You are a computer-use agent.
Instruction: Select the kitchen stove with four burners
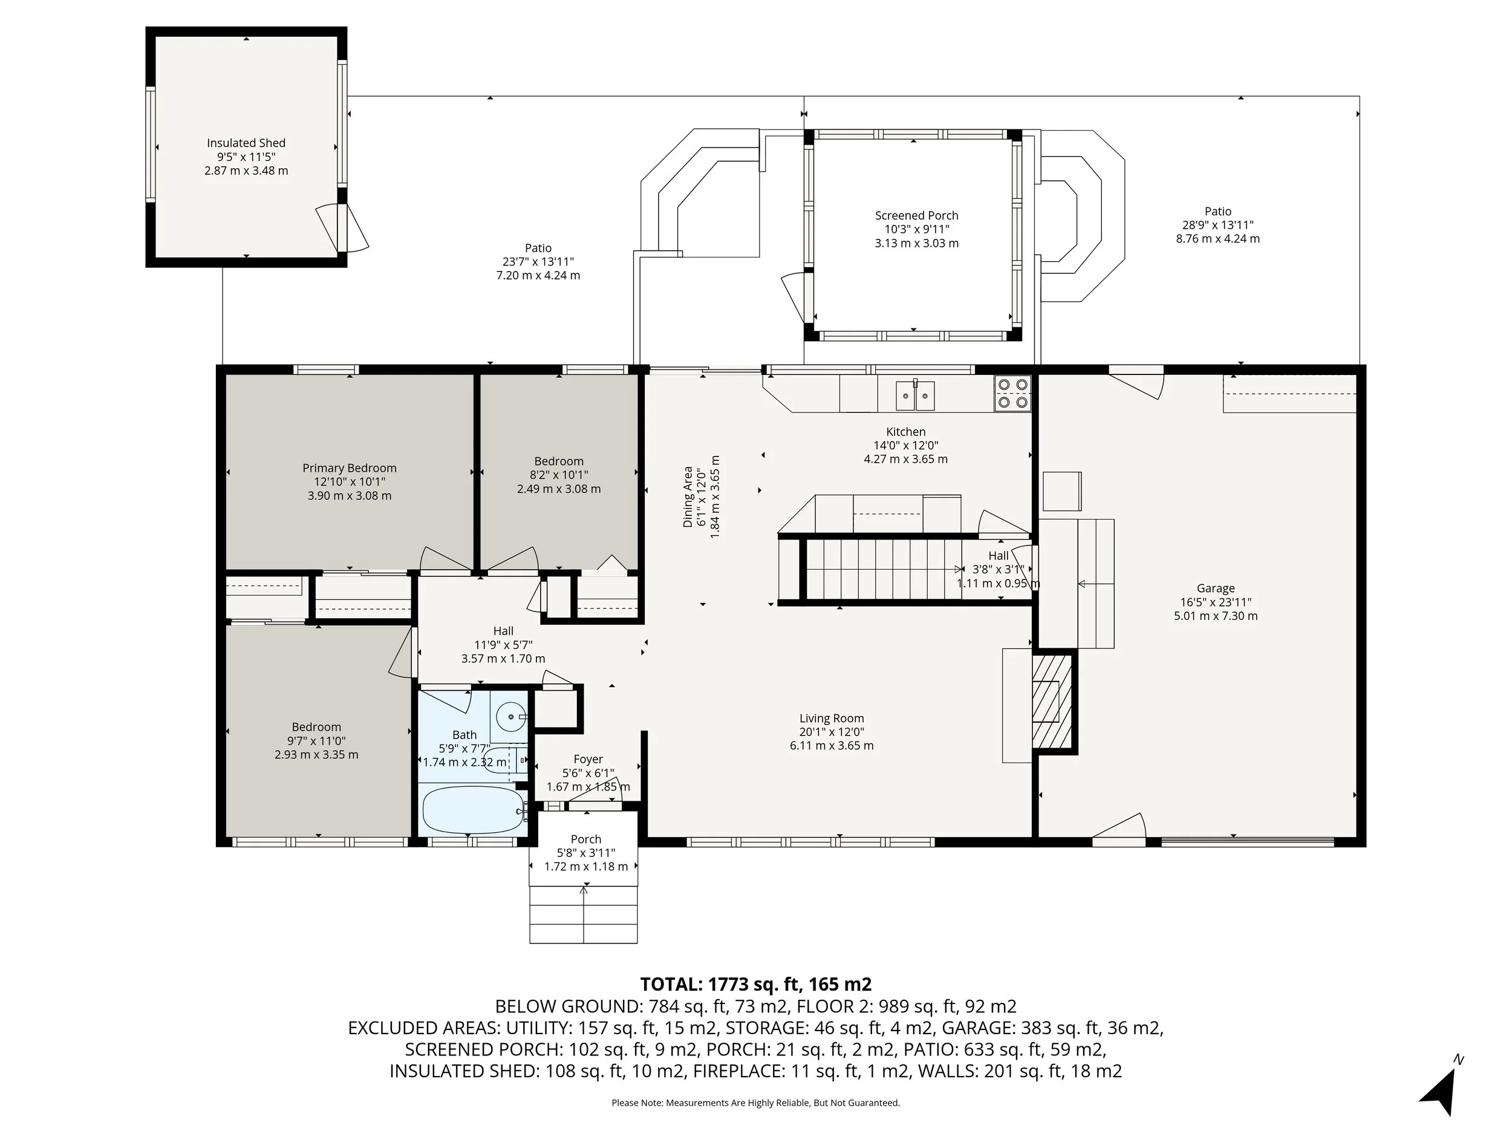(x=1012, y=394)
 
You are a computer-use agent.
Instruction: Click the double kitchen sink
(x=915, y=395)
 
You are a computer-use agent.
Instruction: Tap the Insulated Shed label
(x=246, y=143)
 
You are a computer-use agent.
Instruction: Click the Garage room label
(x=1215, y=588)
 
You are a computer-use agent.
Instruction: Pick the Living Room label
(x=831, y=718)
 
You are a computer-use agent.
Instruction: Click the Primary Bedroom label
(x=350, y=468)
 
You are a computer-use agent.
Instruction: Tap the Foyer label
(x=588, y=759)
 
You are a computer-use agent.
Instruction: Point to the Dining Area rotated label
(x=688, y=497)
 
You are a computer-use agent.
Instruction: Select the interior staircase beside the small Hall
(x=882, y=569)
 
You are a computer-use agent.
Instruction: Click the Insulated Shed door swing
(x=345, y=227)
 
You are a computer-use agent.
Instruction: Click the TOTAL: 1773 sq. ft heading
(x=755, y=984)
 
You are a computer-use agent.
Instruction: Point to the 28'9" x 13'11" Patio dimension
(x=1217, y=225)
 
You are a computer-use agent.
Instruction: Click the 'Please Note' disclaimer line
(x=755, y=1103)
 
